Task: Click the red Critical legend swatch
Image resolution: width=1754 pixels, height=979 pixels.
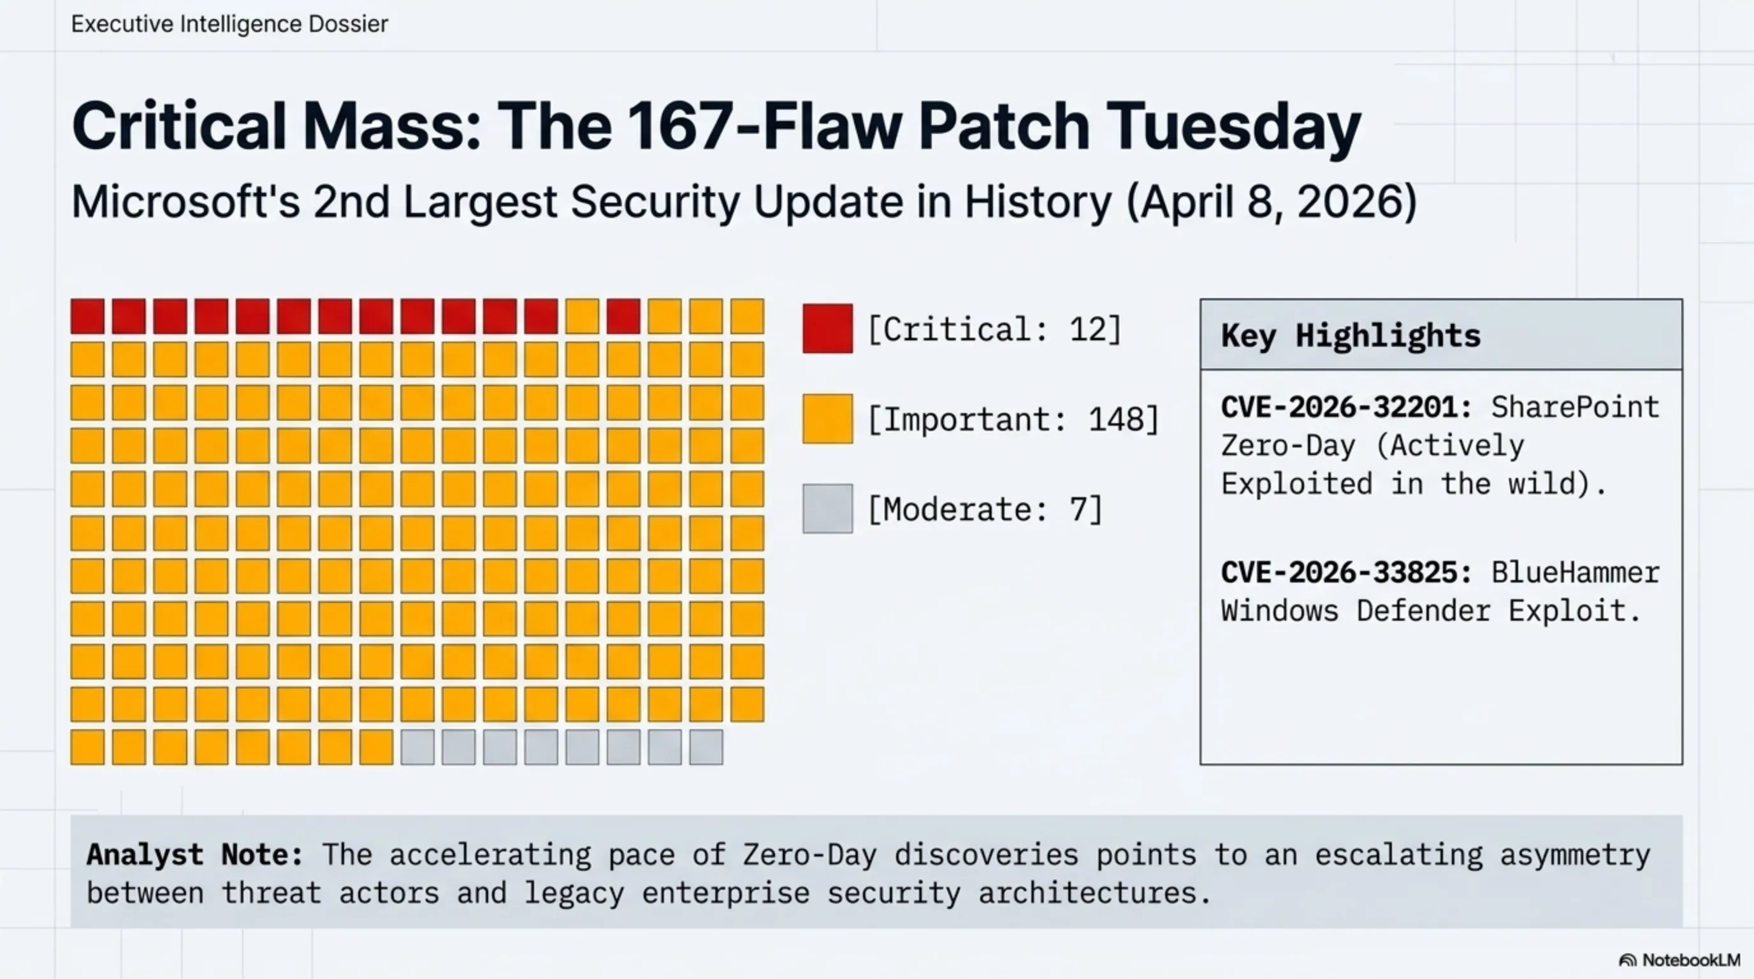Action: tap(827, 329)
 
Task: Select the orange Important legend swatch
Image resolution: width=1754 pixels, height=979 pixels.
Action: tap(827, 419)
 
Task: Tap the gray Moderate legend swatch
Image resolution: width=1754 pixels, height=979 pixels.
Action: tap(827, 509)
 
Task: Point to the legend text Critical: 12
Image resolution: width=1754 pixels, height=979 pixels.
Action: tap(994, 330)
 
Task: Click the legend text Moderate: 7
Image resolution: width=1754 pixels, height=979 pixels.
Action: tap(985, 509)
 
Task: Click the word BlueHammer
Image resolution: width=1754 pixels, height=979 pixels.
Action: tap(1575, 572)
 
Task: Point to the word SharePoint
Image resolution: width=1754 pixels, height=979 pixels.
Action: tap(1575, 408)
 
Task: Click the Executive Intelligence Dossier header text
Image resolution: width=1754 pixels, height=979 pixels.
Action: tap(229, 24)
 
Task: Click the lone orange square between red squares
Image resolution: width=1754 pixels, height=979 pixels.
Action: tap(582, 317)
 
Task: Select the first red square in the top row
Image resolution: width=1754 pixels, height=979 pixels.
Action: tap(88, 317)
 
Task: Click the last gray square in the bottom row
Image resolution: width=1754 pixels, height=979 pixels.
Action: tap(706, 747)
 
